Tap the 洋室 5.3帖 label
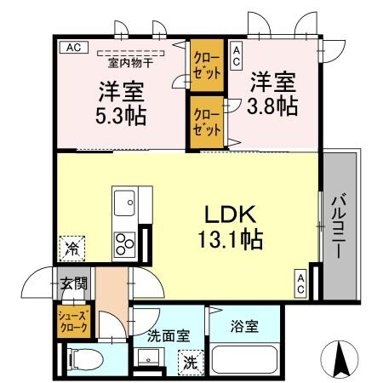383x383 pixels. pyautogui.click(x=119, y=100)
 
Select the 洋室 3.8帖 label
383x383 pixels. pyautogui.click(x=272, y=94)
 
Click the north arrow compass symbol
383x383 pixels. pyautogui.click(x=341, y=358)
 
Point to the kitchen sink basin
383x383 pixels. pyautogui.click(x=124, y=203)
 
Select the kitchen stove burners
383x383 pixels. pyautogui.click(x=126, y=243)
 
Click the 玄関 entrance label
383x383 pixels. pyautogui.click(x=72, y=283)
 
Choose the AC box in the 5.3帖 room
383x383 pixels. pyautogui.click(x=72, y=48)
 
